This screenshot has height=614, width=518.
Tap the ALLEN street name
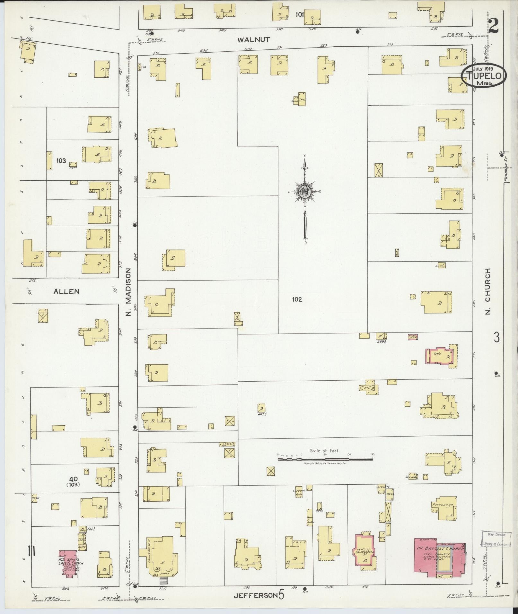pyautogui.click(x=66, y=291)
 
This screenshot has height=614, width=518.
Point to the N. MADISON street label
pyautogui.click(x=128, y=292)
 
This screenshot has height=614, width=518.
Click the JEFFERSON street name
pyautogui.click(x=255, y=595)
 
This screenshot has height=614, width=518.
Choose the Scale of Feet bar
pyautogui.click(x=325, y=459)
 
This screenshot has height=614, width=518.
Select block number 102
pyautogui.click(x=297, y=299)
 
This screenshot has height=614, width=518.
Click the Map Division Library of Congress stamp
pyautogui.click(x=495, y=539)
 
